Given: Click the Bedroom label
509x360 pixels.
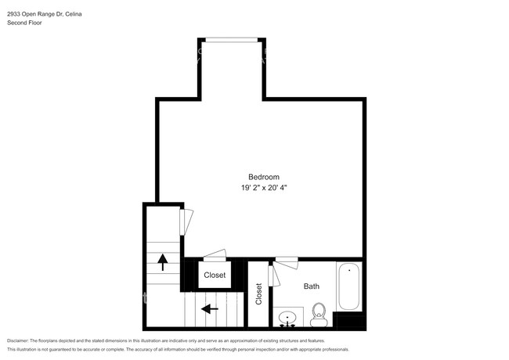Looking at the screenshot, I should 264,177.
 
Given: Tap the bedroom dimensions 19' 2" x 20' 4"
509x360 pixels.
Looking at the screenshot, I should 264,188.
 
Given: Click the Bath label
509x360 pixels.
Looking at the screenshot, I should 312,286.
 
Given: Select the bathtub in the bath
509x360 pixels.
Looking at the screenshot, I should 349,286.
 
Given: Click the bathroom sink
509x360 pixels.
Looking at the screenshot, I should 289,319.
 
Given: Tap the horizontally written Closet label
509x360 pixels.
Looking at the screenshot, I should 215,275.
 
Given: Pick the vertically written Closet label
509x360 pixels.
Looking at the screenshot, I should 258,293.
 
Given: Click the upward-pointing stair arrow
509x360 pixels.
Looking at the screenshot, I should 163,261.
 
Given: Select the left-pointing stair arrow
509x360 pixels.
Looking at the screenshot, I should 209,308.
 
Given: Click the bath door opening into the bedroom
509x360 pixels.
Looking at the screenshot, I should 286,259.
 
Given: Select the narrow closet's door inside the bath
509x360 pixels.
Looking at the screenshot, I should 272,275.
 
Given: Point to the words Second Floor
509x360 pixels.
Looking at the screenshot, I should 25,23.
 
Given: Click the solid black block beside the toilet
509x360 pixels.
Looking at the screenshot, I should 349,320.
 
